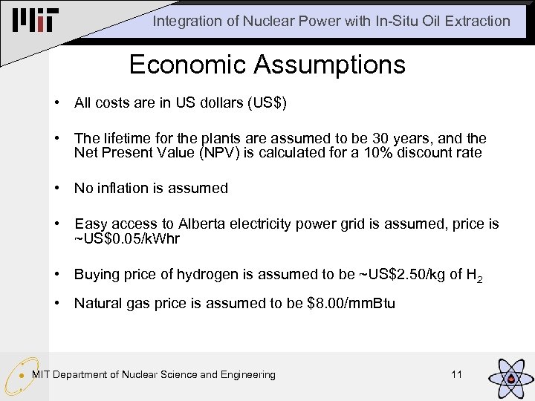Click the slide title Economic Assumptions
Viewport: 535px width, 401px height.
[x=267, y=65]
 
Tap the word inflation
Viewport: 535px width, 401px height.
[x=123, y=188]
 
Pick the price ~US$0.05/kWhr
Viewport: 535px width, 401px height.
[x=127, y=238]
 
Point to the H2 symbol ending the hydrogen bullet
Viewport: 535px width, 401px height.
[x=474, y=276]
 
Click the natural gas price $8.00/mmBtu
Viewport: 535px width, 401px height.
[x=351, y=303]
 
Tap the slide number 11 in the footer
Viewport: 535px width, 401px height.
[x=456, y=374]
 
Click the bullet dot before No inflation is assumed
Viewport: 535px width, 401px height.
[x=57, y=188]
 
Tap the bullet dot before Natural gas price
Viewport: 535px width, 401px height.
[x=57, y=303]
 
